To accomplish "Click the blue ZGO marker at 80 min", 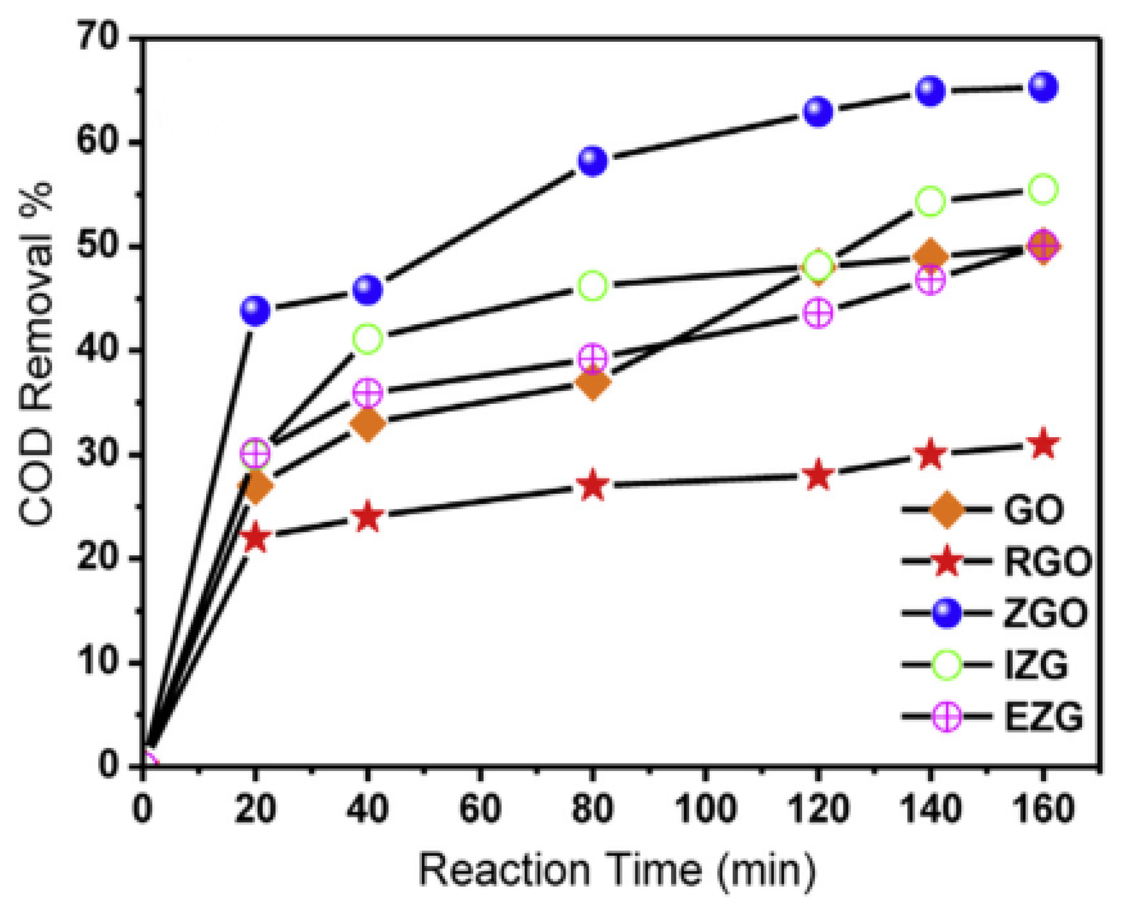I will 592,160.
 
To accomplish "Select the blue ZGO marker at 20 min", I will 255,310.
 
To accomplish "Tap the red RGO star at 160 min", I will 1043,445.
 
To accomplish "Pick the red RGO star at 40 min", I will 368,516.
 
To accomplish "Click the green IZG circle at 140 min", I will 930,201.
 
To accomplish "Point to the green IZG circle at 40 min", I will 368,339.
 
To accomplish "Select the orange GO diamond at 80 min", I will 592,384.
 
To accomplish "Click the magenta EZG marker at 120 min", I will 818,314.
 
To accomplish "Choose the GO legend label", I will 1034,510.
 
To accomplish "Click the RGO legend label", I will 1047,562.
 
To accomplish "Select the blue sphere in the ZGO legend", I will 947,613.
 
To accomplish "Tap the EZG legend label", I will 1044,717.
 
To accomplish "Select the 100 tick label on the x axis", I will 705,809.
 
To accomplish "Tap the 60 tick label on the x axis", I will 480,809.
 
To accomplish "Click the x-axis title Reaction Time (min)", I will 617,870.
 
